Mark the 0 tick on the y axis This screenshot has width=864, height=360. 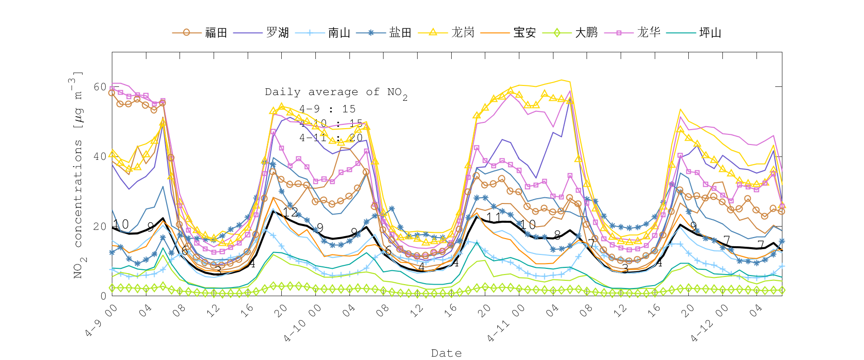tap(103, 296)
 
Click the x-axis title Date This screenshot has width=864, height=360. tap(446, 353)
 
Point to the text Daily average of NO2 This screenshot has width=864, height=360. tap(336, 92)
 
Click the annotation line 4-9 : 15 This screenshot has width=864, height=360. tap(327, 109)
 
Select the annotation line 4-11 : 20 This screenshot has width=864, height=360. tap(331, 138)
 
